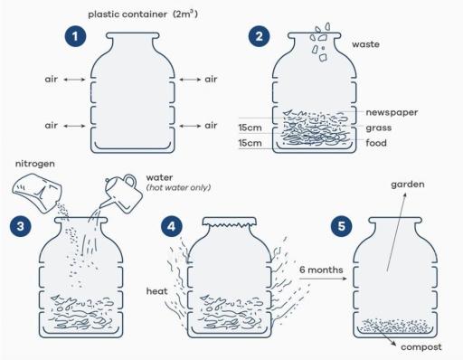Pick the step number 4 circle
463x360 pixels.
pyautogui.click(x=171, y=224)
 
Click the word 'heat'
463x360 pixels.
pyautogui.click(x=156, y=292)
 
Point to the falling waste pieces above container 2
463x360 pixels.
pyautogui.click(x=321, y=41)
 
